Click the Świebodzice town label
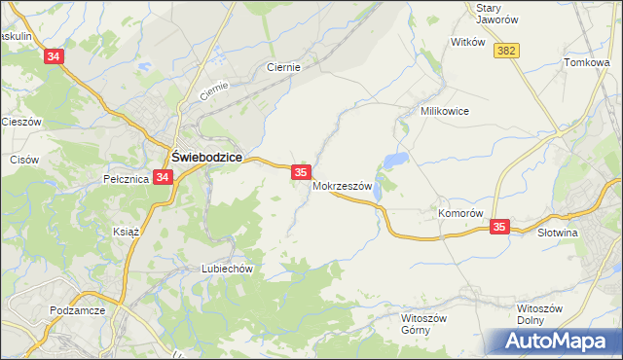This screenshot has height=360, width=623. [x=207, y=157]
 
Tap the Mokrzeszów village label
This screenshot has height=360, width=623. [x=343, y=187]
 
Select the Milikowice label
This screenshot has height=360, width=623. [x=445, y=111]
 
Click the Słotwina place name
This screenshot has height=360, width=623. [x=559, y=233]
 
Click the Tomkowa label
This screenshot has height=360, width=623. [x=586, y=62]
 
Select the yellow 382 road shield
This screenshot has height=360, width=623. [x=504, y=51]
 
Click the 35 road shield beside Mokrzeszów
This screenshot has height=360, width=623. [x=301, y=171]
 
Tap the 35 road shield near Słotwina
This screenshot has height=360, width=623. [x=499, y=227]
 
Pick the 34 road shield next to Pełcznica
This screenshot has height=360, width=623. [x=163, y=177]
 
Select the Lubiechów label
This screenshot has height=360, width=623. [x=227, y=269]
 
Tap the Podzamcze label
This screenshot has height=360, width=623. [x=75, y=311]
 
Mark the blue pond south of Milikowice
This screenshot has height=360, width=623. [x=395, y=161]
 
